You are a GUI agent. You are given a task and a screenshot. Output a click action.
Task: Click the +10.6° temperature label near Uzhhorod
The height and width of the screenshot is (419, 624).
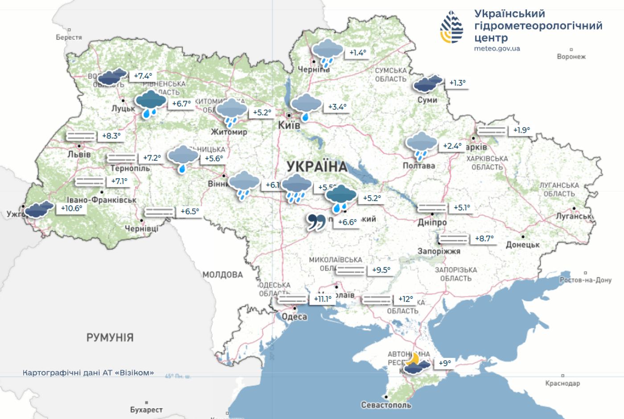(72, 208)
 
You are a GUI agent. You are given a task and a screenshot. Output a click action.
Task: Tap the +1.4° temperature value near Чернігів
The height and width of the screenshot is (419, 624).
(357, 53)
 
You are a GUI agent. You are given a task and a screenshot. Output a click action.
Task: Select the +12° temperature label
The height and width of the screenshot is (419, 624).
(406, 299)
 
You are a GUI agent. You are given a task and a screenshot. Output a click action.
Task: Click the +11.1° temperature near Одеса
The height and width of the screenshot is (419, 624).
(323, 299)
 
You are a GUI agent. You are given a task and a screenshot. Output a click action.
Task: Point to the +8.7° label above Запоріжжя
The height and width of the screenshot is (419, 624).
(484, 238)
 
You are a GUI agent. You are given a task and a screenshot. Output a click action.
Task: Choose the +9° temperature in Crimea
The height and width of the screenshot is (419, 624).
(445, 363)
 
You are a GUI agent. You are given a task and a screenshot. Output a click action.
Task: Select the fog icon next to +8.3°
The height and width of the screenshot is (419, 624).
(81, 136)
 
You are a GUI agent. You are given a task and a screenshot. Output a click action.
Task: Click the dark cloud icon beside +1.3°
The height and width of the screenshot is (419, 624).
(428, 83)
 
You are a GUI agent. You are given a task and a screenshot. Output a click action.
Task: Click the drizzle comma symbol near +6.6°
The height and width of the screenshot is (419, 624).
(316, 222)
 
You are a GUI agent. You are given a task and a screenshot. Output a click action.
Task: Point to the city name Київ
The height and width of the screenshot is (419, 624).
(289, 125)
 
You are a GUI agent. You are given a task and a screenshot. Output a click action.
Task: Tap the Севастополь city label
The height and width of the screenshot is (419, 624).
(386, 405)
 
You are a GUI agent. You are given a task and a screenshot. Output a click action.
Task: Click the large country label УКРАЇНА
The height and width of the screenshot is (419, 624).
(317, 166)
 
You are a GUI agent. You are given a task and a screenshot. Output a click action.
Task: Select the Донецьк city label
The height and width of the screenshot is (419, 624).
(522, 245)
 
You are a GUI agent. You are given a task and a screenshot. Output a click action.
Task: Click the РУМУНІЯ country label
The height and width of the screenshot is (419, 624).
(110, 337)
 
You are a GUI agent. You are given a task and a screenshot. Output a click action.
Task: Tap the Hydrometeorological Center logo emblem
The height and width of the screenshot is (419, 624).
(452, 27)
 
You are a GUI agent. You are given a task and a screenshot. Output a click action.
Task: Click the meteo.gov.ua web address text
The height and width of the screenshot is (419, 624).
(497, 49)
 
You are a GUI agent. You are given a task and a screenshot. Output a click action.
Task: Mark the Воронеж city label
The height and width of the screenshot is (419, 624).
(571, 57)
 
